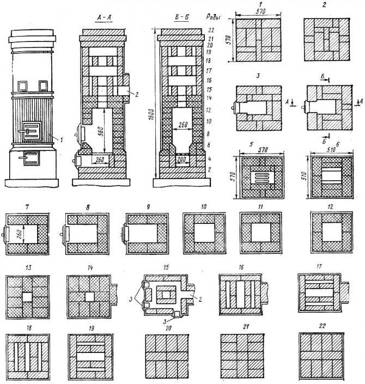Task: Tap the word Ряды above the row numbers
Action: [214, 17]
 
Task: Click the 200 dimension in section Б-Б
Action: [182, 160]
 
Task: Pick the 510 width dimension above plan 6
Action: [331, 150]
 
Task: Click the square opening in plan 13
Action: [27, 297]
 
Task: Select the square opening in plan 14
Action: [89, 296]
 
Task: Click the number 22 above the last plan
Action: [322, 326]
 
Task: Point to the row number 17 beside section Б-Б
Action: [209, 70]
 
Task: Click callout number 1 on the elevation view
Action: [62, 140]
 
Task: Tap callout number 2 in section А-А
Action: [137, 94]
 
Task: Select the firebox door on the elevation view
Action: [32, 132]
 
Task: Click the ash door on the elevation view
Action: [31, 158]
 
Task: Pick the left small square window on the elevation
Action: [22, 86]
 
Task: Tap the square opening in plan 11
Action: [260, 233]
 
